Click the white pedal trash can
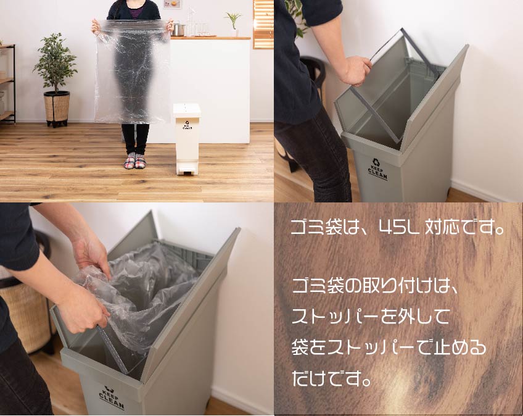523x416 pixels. tap(187, 138)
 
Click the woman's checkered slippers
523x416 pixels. tap(136, 162)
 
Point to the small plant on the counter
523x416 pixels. tap(234, 23)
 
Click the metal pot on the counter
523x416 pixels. tap(179, 29)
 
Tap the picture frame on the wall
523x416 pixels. tap(172, 5)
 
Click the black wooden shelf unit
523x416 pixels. tap(8, 83)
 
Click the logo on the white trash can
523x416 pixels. tap(187, 126)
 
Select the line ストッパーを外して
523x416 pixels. tap(371, 318)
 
